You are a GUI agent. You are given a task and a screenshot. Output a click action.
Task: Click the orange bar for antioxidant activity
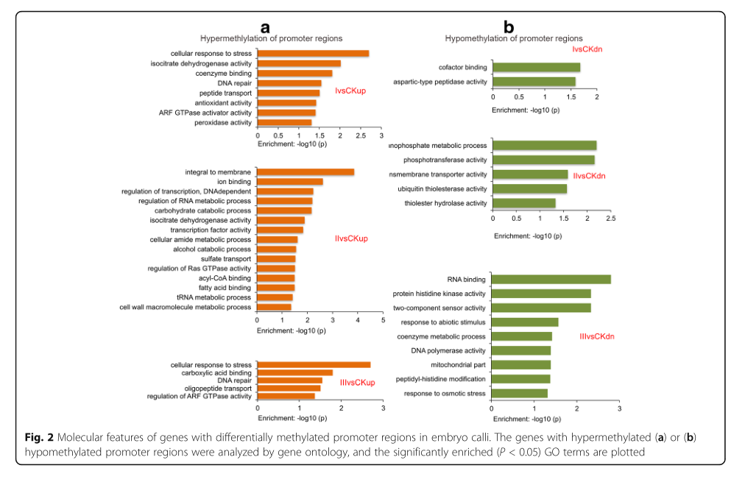[x=286, y=103]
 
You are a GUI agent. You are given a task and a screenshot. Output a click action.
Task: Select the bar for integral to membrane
[x=306, y=172]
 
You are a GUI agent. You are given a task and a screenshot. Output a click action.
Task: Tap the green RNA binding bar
[x=551, y=279]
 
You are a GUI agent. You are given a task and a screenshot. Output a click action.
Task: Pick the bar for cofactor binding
[x=536, y=68]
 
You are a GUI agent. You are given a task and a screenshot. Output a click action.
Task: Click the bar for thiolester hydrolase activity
[x=523, y=203]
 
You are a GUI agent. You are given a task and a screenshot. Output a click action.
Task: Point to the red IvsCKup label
[x=350, y=91]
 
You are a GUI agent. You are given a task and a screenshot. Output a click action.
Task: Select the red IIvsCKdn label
[x=589, y=176]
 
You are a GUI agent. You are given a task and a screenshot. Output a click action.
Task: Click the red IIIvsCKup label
[x=358, y=383]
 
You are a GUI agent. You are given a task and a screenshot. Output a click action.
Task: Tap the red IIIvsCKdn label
[x=597, y=336]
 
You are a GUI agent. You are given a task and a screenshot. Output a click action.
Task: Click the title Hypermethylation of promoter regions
[x=272, y=38]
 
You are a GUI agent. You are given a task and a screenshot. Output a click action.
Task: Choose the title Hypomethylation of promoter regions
[x=514, y=38]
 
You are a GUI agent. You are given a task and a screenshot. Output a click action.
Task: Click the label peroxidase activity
[x=223, y=122]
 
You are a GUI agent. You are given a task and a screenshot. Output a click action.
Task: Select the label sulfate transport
[x=226, y=259]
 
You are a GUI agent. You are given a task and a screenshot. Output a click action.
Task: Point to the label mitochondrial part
[x=459, y=364]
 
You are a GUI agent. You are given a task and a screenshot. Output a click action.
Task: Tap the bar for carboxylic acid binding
[x=294, y=373]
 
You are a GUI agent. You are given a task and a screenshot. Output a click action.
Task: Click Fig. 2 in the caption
[x=37, y=439]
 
